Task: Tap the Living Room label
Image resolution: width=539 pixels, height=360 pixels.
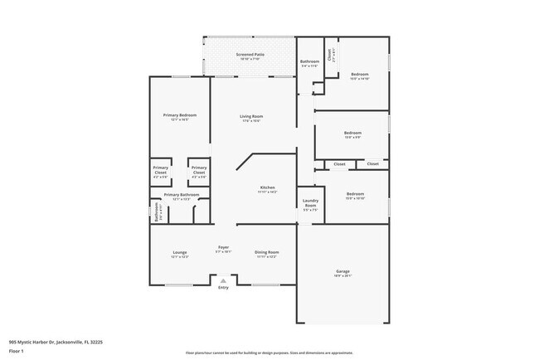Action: click(251, 117)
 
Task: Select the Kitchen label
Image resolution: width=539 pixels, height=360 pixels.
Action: click(267, 188)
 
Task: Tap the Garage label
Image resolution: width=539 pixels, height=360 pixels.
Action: click(342, 272)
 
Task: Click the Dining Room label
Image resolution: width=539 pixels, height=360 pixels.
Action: click(266, 252)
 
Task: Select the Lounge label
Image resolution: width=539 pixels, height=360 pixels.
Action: click(180, 252)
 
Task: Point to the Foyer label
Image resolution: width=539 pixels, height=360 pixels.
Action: click(223, 248)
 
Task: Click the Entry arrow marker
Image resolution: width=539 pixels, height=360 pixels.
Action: click(223, 280)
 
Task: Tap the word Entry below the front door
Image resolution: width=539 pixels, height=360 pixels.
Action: click(223, 288)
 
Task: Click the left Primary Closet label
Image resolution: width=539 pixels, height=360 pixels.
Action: click(160, 173)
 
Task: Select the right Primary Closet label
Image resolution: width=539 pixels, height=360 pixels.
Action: click(199, 173)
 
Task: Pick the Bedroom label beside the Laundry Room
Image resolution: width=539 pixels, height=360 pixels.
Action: click(354, 196)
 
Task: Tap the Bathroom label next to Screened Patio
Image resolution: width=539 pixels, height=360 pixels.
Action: click(309, 63)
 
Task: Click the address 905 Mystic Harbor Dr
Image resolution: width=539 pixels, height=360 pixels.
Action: click(56, 340)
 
